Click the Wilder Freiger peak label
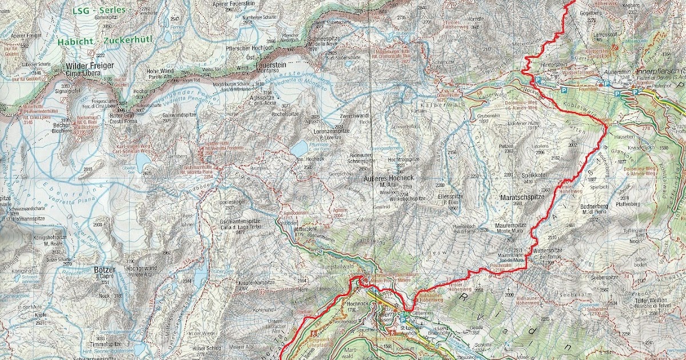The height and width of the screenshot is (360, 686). tap(90, 66)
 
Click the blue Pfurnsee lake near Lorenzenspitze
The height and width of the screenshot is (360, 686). tap(298, 149)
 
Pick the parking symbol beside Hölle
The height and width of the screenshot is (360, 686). tap(538, 81)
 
